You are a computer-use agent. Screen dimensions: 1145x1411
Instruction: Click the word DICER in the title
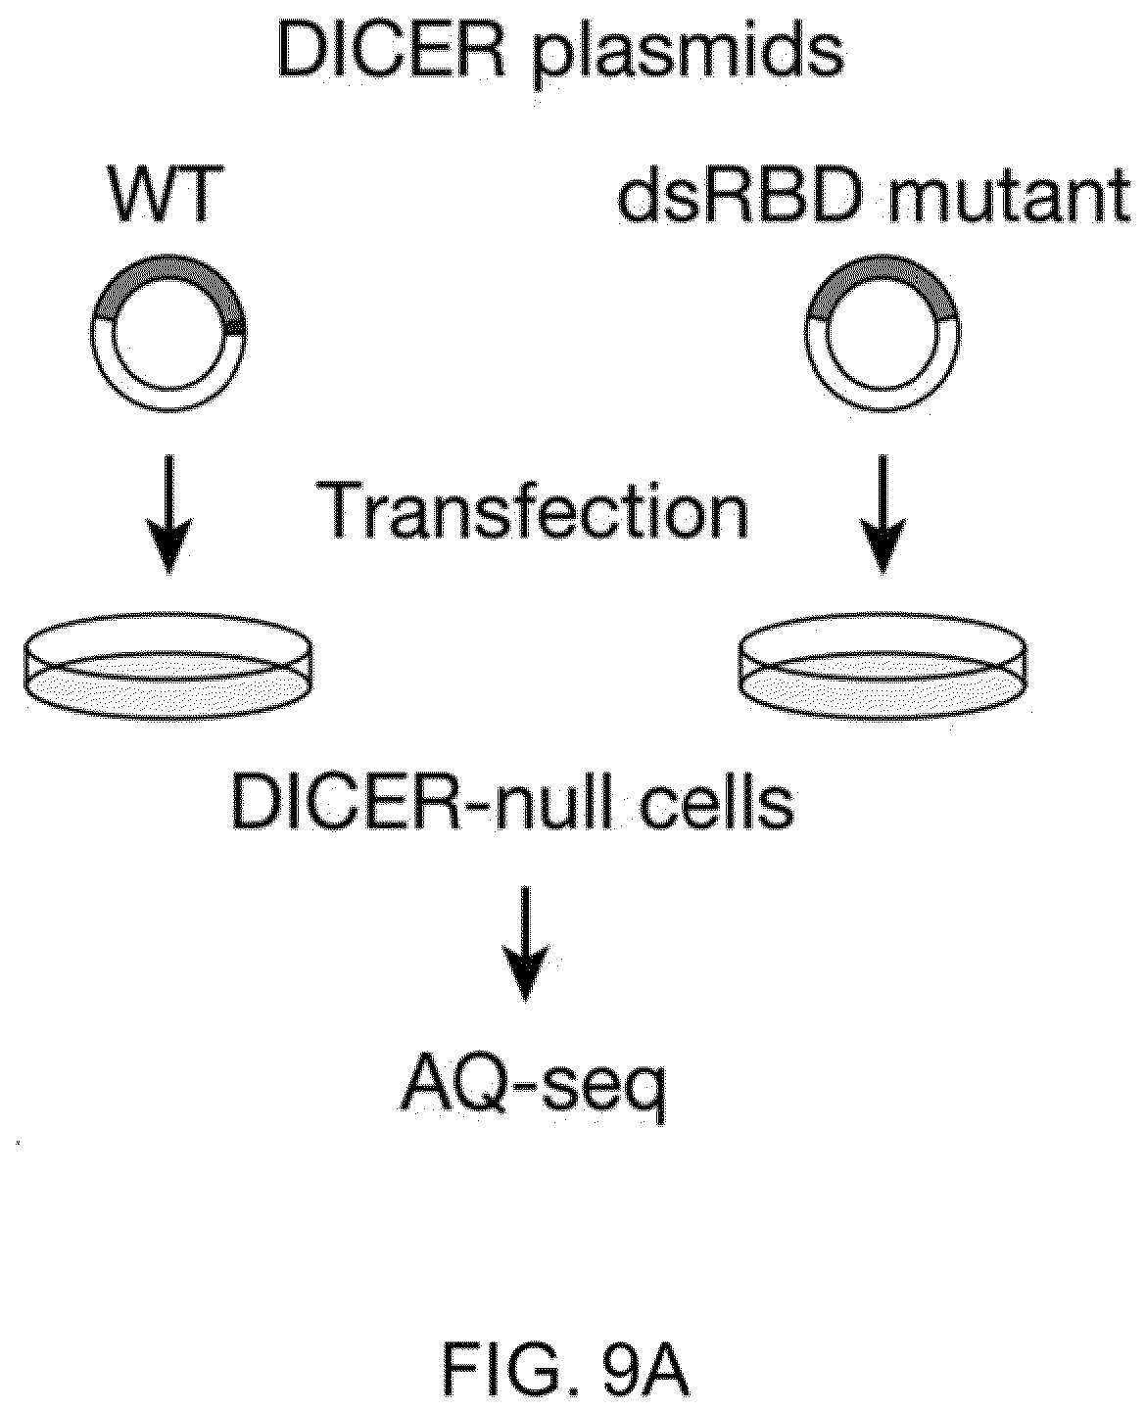[x=392, y=52]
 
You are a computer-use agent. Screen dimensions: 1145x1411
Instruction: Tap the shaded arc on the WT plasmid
[x=168, y=265]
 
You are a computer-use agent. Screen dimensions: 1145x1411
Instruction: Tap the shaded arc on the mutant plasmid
[x=882, y=265]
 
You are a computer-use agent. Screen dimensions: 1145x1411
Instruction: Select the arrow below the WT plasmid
[x=169, y=513]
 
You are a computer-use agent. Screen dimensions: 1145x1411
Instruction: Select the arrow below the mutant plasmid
[x=883, y=513]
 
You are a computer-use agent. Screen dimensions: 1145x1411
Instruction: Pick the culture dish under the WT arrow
[x=168, y=666]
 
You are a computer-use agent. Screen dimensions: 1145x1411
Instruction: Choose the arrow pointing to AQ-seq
[x=526, y=944]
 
